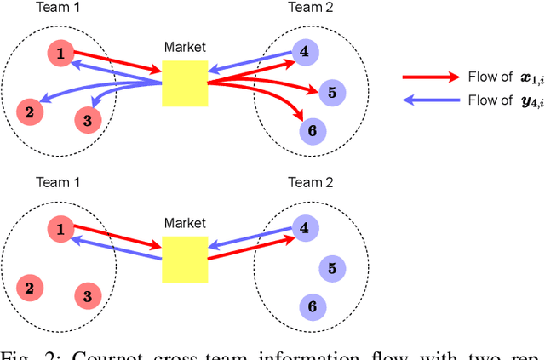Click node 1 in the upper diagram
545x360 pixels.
(x=60, y=54)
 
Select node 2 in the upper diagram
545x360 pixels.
(x=29, y=111)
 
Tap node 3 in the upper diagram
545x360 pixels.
(x=87, y=120)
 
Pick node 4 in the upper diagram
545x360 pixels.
(x=305, y=51)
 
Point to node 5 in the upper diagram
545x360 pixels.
(x=332, y=92)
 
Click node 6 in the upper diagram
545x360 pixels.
(x=311, y=130)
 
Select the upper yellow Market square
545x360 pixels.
(x=185, y=83)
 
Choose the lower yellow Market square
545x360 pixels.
(x=185, y=258)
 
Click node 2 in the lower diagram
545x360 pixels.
(x=29, y=287)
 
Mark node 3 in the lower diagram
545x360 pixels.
(x=87, y=295)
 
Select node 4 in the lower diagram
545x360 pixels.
(x=305, y=227)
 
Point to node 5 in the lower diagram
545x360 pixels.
(x=332, y=268)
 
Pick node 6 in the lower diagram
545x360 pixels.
(x=311, y=306)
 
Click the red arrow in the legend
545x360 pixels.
(x=430, y=77)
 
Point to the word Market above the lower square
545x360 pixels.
(x=185, y=223)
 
